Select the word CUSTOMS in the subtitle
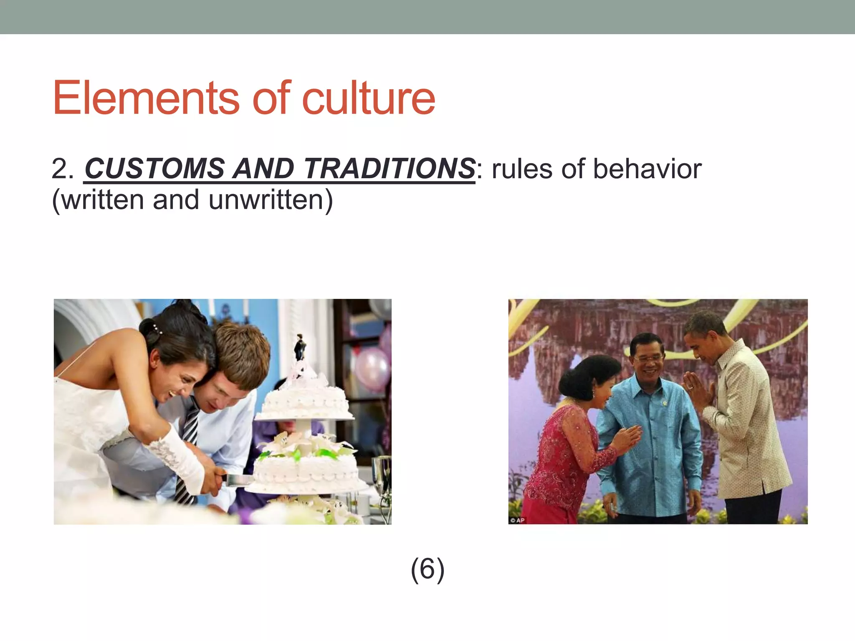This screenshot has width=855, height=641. pos(154,169)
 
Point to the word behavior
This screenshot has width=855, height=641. pos(647,169)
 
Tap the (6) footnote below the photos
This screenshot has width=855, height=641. pos(427,569)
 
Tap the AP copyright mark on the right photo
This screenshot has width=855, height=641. pos(517,520)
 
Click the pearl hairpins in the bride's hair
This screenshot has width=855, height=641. pos(157,329)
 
